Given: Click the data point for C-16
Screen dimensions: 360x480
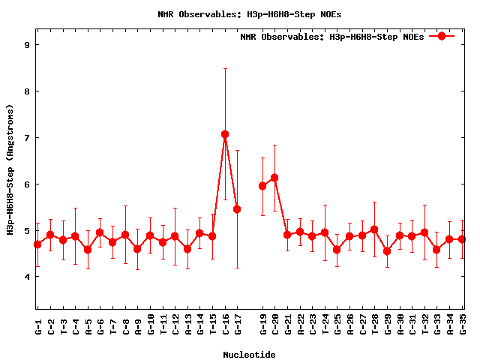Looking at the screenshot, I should pyautogui.click(x=225, y=134).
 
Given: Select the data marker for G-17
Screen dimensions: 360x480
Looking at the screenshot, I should pyautogui.click(x=237, y=209).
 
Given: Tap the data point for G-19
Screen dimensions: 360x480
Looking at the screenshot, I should pyautogui.click(x=262, y=186).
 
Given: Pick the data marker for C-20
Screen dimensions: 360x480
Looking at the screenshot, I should pyautogui.click(x=274, y=178).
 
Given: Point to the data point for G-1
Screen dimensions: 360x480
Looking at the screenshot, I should pyautogui.click(x=37, y=244).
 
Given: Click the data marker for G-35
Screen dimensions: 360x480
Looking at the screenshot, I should pyautogui.click(x=462, y=239).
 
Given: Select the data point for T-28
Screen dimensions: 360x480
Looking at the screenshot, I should pyautogui.click(x=374, y=229).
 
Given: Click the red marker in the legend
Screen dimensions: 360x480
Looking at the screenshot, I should pyautogui.click(x=442, y=36).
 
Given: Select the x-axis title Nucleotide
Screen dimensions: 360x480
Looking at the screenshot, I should pyautogui.click(x=249, y=354).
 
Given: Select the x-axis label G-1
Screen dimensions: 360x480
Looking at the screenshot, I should pyautogui.click(x=38, y=325).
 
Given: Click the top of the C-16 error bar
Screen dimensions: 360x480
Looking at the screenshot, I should pyautogui.click(x=225, y=68).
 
